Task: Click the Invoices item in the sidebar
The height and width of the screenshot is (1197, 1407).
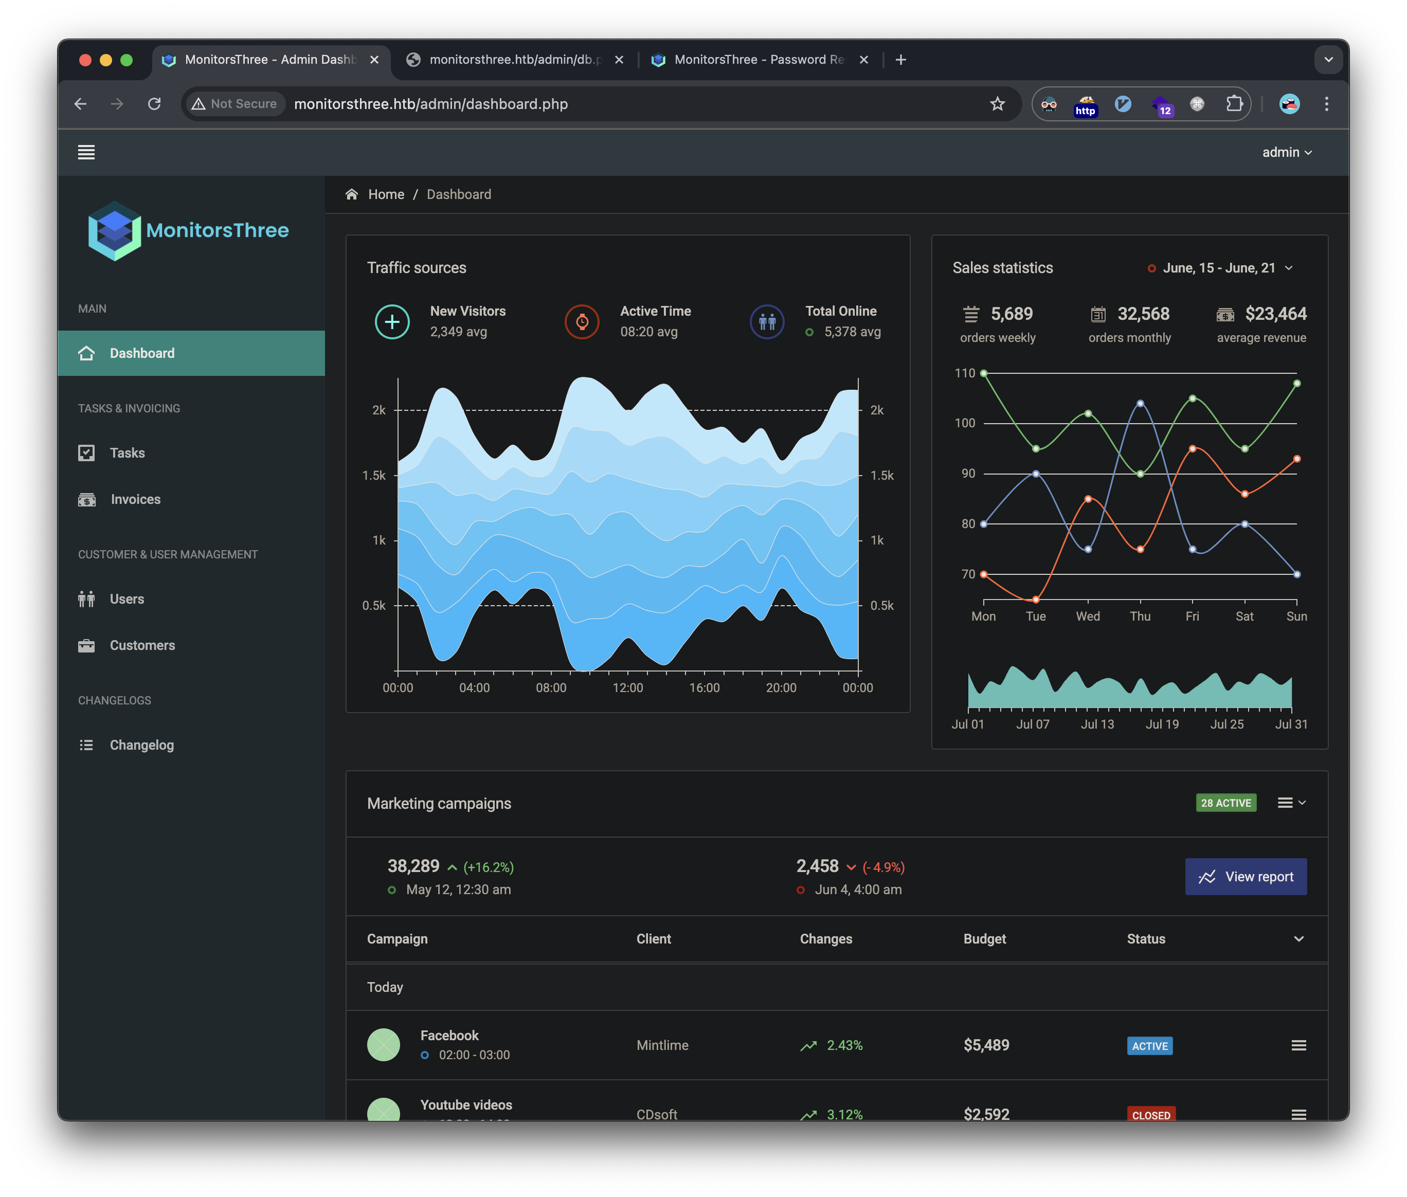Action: (x=135, y=499)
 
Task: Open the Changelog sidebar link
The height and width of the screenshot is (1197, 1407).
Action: (x=141, y=745)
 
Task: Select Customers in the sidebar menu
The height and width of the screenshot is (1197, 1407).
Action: (x=142, y=645)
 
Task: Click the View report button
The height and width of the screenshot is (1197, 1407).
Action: (x=1246, y=877)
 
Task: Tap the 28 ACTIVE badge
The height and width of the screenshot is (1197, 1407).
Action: (x=1226, y=803)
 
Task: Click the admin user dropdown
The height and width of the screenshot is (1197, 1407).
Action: (x=1286, y=153)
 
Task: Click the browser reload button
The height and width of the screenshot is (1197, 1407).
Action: (x=155, y=104)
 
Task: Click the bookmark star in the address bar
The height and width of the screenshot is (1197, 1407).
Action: (x=997, y=104)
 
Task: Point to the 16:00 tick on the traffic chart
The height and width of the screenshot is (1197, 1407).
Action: (x=705, y=687)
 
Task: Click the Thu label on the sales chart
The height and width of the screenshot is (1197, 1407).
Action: (x=1140, y=616)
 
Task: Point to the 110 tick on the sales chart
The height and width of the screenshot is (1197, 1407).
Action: (x=964, y=373)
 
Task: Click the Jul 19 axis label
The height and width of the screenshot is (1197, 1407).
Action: (x=1162, y=724)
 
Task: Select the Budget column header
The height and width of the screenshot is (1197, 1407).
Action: (x=985, y=939)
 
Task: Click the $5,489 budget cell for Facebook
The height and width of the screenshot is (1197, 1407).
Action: (x=986, y=1045)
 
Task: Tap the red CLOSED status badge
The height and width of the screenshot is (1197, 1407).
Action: (x=1151, y=1114)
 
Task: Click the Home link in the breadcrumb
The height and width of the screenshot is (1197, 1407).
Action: (x=386, y=195)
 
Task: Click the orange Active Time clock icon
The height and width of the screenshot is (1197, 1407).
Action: (x=582, y=322)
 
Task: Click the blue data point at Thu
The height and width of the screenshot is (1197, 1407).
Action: (x=1140, y=403)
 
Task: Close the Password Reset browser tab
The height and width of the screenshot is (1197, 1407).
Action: (x=864, y=60)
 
